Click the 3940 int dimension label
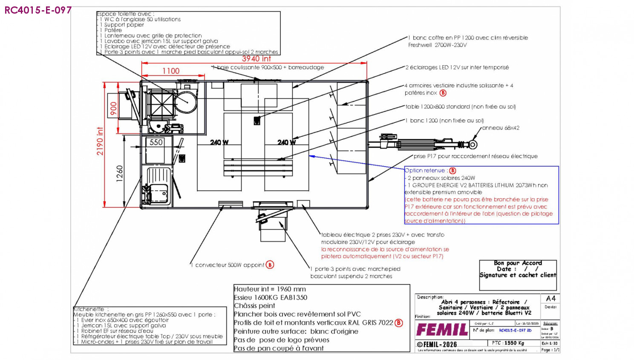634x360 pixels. [x=256, y=59]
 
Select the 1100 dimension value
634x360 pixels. [x=171, y=71]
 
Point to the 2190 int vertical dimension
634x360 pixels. [x=100, y=141]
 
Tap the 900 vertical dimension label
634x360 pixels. [x=113, y=108]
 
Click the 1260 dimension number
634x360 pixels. [x=120, y=174]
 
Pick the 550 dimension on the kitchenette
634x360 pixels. [x=156, y=142]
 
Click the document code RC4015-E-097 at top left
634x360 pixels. [x=38, y=10]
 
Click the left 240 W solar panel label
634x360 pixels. [x=219, y=142]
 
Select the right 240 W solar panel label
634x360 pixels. [x=286, y=142]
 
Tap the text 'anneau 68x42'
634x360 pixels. [x=500, y=128]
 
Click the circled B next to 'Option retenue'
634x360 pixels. [x=452, y=170]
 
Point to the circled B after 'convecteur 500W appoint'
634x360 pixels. [x=270, y=265]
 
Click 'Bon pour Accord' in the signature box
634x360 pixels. [x=518, y=263]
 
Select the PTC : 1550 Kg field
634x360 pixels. [x=508, y=343]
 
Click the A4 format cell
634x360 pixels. [x=550, y=298]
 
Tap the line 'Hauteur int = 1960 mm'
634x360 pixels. [x=270, y=289]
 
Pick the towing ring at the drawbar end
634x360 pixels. [x=474, y=144]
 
